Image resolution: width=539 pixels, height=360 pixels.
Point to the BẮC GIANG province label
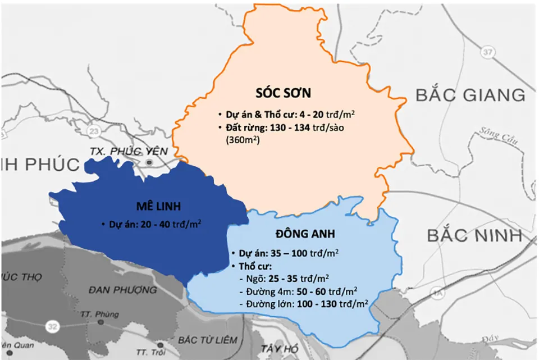(471, 94)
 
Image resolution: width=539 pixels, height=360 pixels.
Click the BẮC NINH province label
(474, 235)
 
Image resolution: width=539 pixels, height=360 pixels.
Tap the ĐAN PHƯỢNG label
(123, 290)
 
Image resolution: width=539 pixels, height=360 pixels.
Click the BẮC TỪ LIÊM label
(207, 340)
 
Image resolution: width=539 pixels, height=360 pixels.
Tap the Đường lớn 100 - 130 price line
(303, 304)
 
